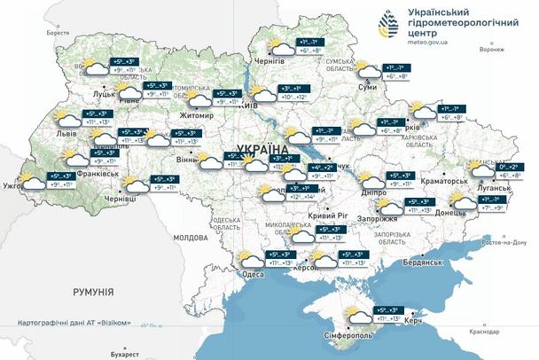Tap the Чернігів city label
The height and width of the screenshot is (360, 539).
(269, 61)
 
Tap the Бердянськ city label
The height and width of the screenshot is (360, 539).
(421, 262)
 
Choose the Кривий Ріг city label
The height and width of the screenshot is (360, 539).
(325, 215)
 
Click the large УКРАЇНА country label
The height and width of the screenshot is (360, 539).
(262, 150)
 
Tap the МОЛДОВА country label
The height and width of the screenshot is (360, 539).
(190, 239)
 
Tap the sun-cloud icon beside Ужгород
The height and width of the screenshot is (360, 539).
(32, 182)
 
